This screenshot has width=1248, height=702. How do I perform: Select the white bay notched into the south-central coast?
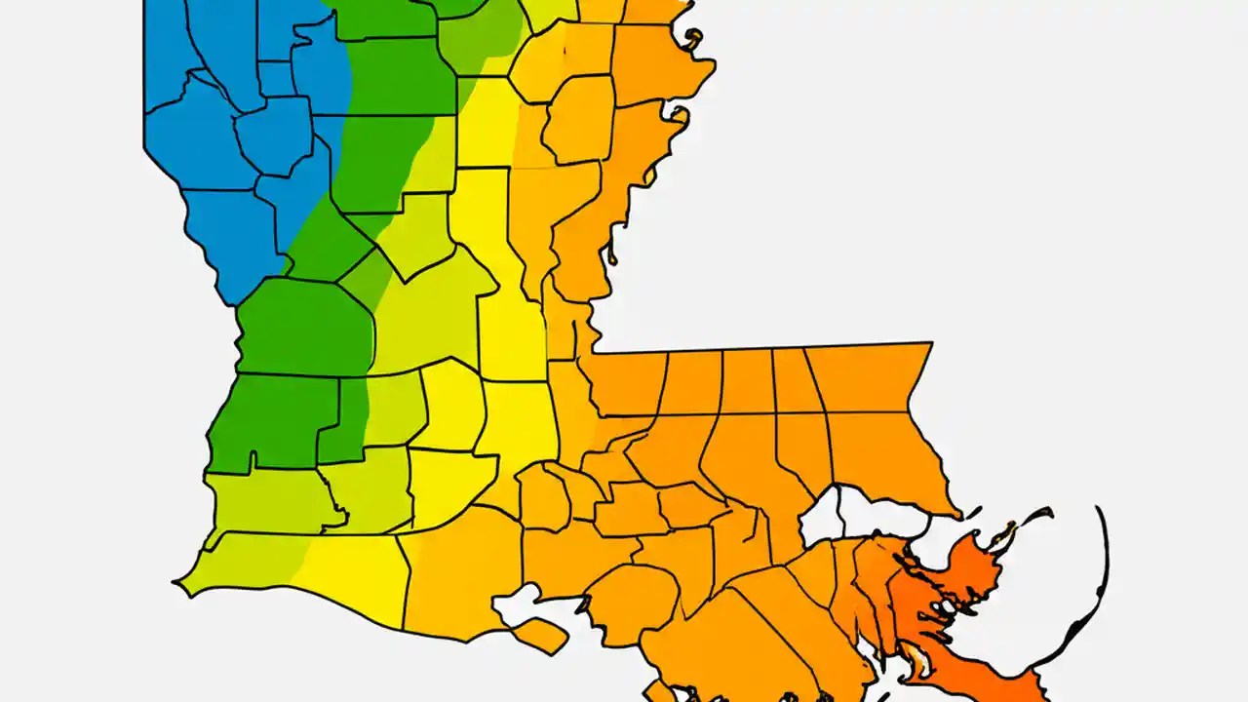tap(514, 604)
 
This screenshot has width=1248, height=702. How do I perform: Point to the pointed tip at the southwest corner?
tap(175, 584)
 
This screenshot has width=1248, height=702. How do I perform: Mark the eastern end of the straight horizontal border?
tap(931, 343)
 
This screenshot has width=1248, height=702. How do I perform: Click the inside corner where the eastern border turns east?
tap(595, 351)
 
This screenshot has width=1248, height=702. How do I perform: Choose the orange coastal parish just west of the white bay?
tap(458, 585)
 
